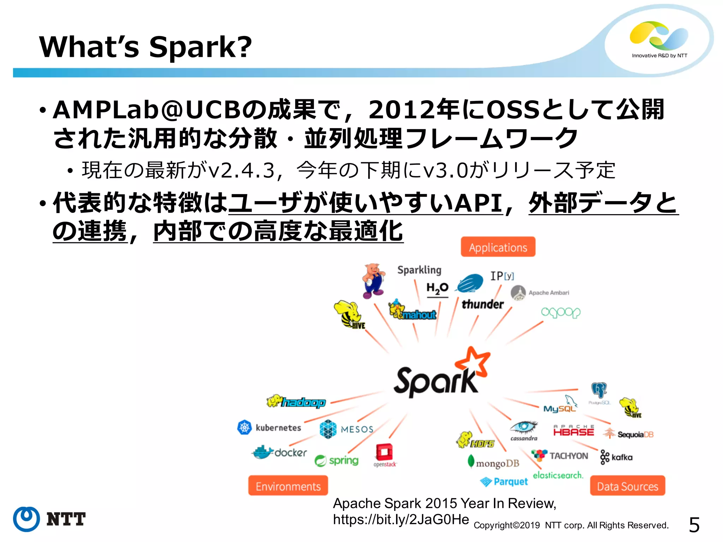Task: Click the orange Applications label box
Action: click(498, 247)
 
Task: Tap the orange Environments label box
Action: click(288, 486)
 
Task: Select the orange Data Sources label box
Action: click(627, 486)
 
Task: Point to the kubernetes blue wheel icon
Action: click(244, 427)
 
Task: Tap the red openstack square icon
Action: click(384, 452)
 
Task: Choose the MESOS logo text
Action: click(357, 429)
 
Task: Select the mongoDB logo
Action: click(494, 462)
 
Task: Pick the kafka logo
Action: click(616, 457)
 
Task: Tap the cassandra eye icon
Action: click(524, 427)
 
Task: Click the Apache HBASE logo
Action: click(574, 431)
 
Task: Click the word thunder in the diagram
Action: click(482, 304)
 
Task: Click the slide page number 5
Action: click(694, 525)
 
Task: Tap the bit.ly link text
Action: click(401, 519)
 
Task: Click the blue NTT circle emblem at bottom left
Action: click(26, 519)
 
